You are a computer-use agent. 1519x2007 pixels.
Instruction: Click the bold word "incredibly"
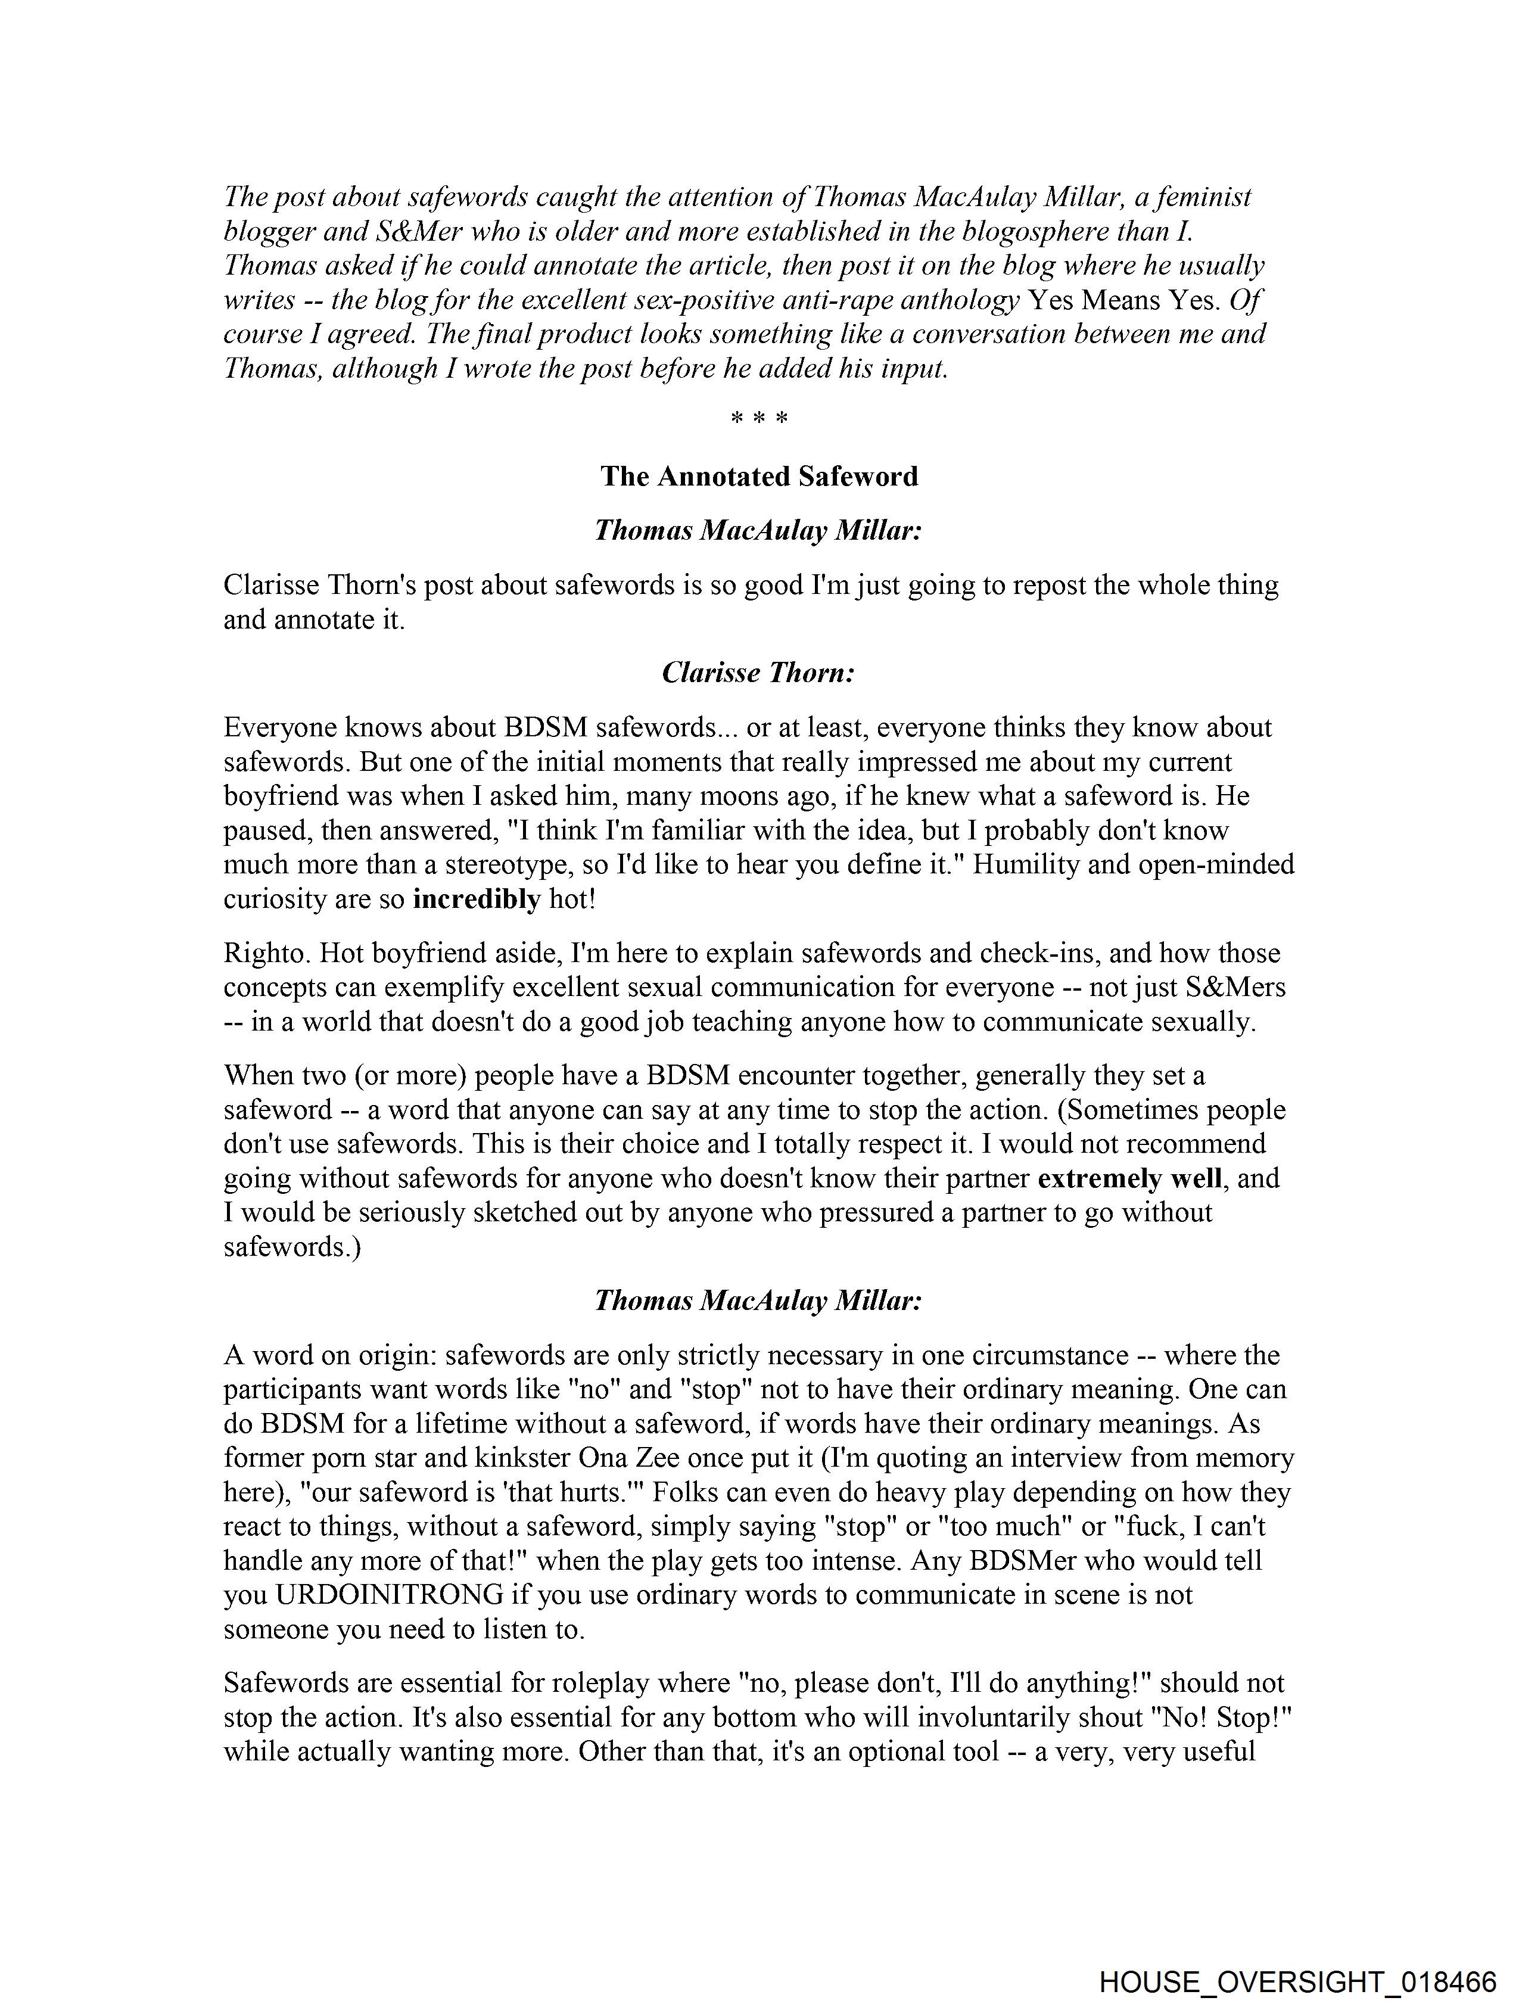[477, 899]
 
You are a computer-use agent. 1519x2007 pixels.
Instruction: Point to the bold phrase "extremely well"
[1131, 1178]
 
